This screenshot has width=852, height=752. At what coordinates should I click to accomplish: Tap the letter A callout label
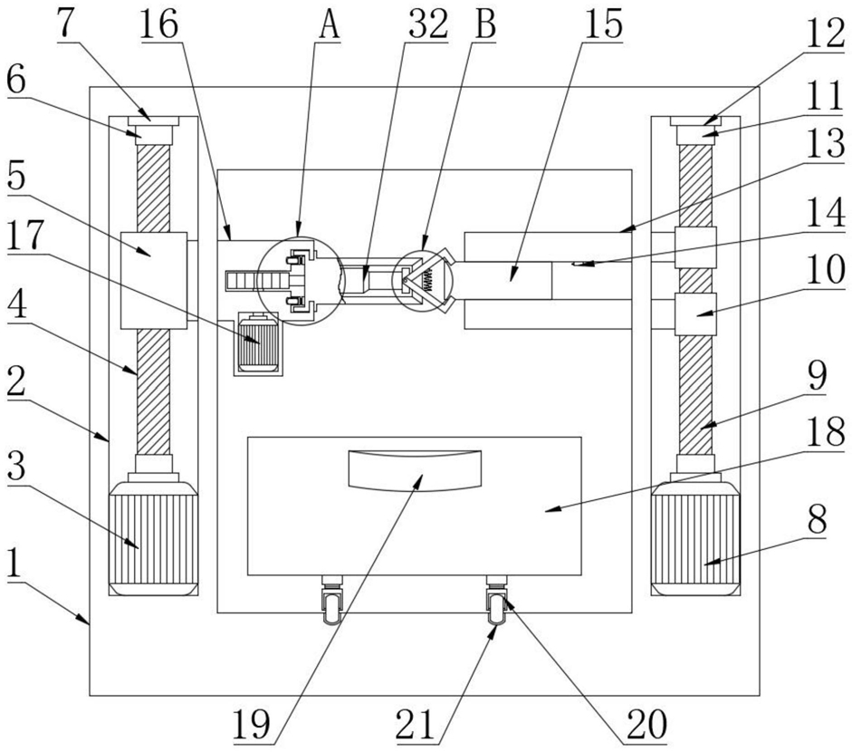click(x=330, y=25)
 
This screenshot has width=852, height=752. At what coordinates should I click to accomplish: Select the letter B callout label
click(x=485, y=25)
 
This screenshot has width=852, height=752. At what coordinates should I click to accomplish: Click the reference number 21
click(x=416, y=724)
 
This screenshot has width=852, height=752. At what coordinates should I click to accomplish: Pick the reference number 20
click(x=646, y=724)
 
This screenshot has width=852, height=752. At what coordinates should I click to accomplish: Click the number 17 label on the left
click(x=25, y=237)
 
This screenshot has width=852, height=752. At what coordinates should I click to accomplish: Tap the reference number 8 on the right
click(x=817, y=519)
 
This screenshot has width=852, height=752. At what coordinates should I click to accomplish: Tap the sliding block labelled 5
click(x=154, y=280)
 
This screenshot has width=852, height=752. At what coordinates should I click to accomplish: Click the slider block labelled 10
click(x=695, y=313)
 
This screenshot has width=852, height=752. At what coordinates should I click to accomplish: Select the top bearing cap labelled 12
click(x=695, y=121)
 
